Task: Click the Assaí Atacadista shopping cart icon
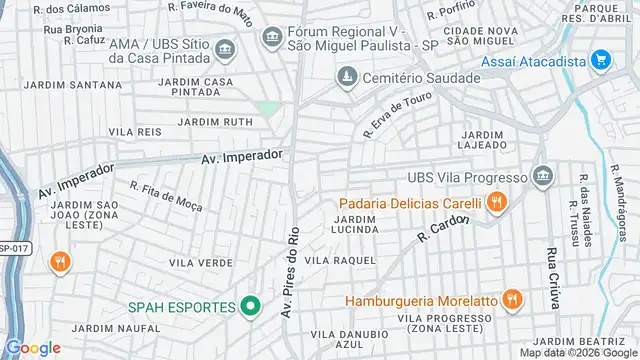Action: coord(600,60)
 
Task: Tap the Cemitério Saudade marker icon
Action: coord(346,77)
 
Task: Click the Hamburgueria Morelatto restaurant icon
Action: coord(512,300)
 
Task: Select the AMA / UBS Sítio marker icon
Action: coord(223,49)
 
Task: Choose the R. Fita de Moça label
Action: coord(166,196)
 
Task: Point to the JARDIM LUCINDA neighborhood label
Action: coord(355,224)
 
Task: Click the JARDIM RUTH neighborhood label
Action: coord(215,122)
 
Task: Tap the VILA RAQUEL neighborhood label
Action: coord(340,260)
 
